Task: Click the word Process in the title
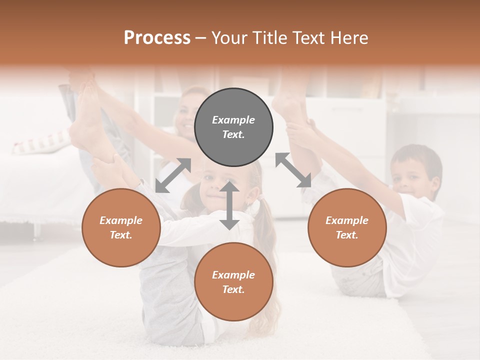tap(157, 38)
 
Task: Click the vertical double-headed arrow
tap(229, 205)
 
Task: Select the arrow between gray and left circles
tap(173, 175)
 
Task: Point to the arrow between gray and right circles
tap(293, 170)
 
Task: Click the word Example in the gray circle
tap(233, 120)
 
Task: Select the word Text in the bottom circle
tap(233, 289)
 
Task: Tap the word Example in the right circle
tap(347, 220)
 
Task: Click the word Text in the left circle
tap(121, 235)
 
